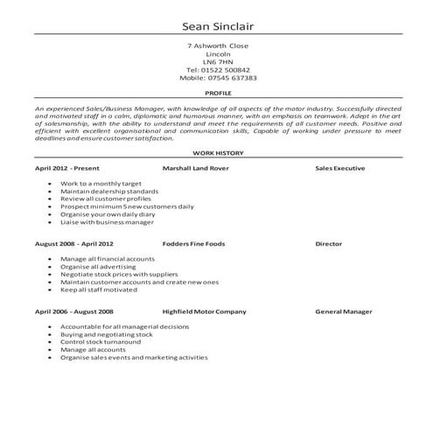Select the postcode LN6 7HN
pyautogui.click(x=218, y=61)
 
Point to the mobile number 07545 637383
pyautogui.click(x=218, y=77)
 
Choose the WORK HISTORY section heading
pyautogui.click(x=218, y=153)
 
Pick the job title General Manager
pyautogui.click(x=344, y=311)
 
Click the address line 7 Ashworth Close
pyautogui.click(x=218, y=45)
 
